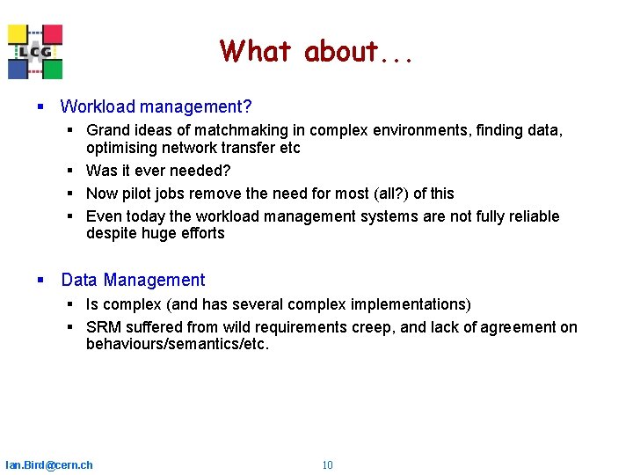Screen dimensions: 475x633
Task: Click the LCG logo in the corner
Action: point(35,52)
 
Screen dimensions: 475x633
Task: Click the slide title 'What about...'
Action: point(316,52)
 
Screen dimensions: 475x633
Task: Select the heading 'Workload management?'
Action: point(156,107)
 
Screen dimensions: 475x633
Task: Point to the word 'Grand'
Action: point(106,130)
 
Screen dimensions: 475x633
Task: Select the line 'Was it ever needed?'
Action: point(157,171)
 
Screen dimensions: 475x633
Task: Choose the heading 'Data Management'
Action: point(133,281)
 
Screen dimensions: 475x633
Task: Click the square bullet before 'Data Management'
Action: point(40,281)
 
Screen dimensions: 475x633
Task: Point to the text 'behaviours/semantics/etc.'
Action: point(178,344)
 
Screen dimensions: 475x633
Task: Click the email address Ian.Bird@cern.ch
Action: point(49,465)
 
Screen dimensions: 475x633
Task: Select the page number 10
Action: point(327,465)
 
